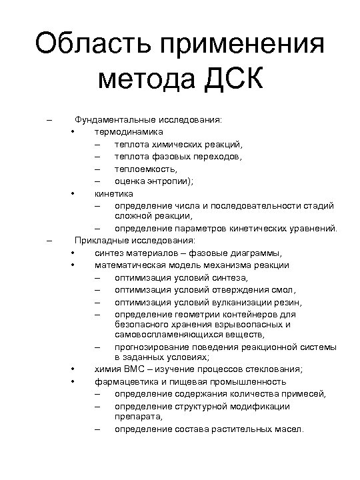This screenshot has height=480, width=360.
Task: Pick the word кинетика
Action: coord(113,193)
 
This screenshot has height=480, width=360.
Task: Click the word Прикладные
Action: coord(101,241)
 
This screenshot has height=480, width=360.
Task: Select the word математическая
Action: coord(129,265)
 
